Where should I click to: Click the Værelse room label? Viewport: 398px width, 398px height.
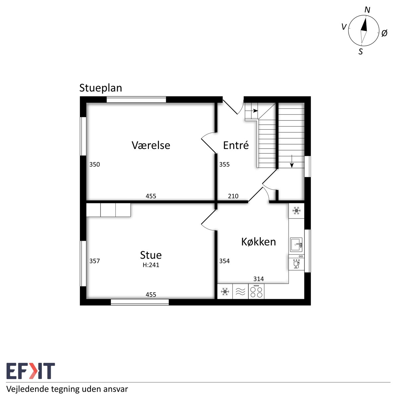pos(151,145)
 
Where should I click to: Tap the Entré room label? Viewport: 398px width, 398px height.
pos(236,145)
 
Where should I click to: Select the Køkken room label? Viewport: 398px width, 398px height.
pos(258,242)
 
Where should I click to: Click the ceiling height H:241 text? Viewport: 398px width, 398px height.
pos(151,265)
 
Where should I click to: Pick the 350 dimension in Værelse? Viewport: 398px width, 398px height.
pos(95,165)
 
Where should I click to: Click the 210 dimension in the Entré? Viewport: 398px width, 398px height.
pos(233,196)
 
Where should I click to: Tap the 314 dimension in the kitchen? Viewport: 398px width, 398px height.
pos(259,279)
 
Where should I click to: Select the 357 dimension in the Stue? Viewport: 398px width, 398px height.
pos(95,261)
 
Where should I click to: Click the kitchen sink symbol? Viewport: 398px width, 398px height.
pos(297,245)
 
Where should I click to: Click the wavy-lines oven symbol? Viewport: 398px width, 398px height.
pos(240,292)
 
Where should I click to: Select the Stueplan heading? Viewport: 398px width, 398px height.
pos(100,88)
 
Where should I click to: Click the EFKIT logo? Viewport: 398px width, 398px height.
pos(31,371)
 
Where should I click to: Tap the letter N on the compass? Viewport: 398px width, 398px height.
pos(367,10)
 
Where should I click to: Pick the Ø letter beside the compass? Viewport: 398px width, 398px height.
pos(384,33)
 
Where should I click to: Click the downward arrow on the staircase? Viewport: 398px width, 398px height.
pos(292,161)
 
